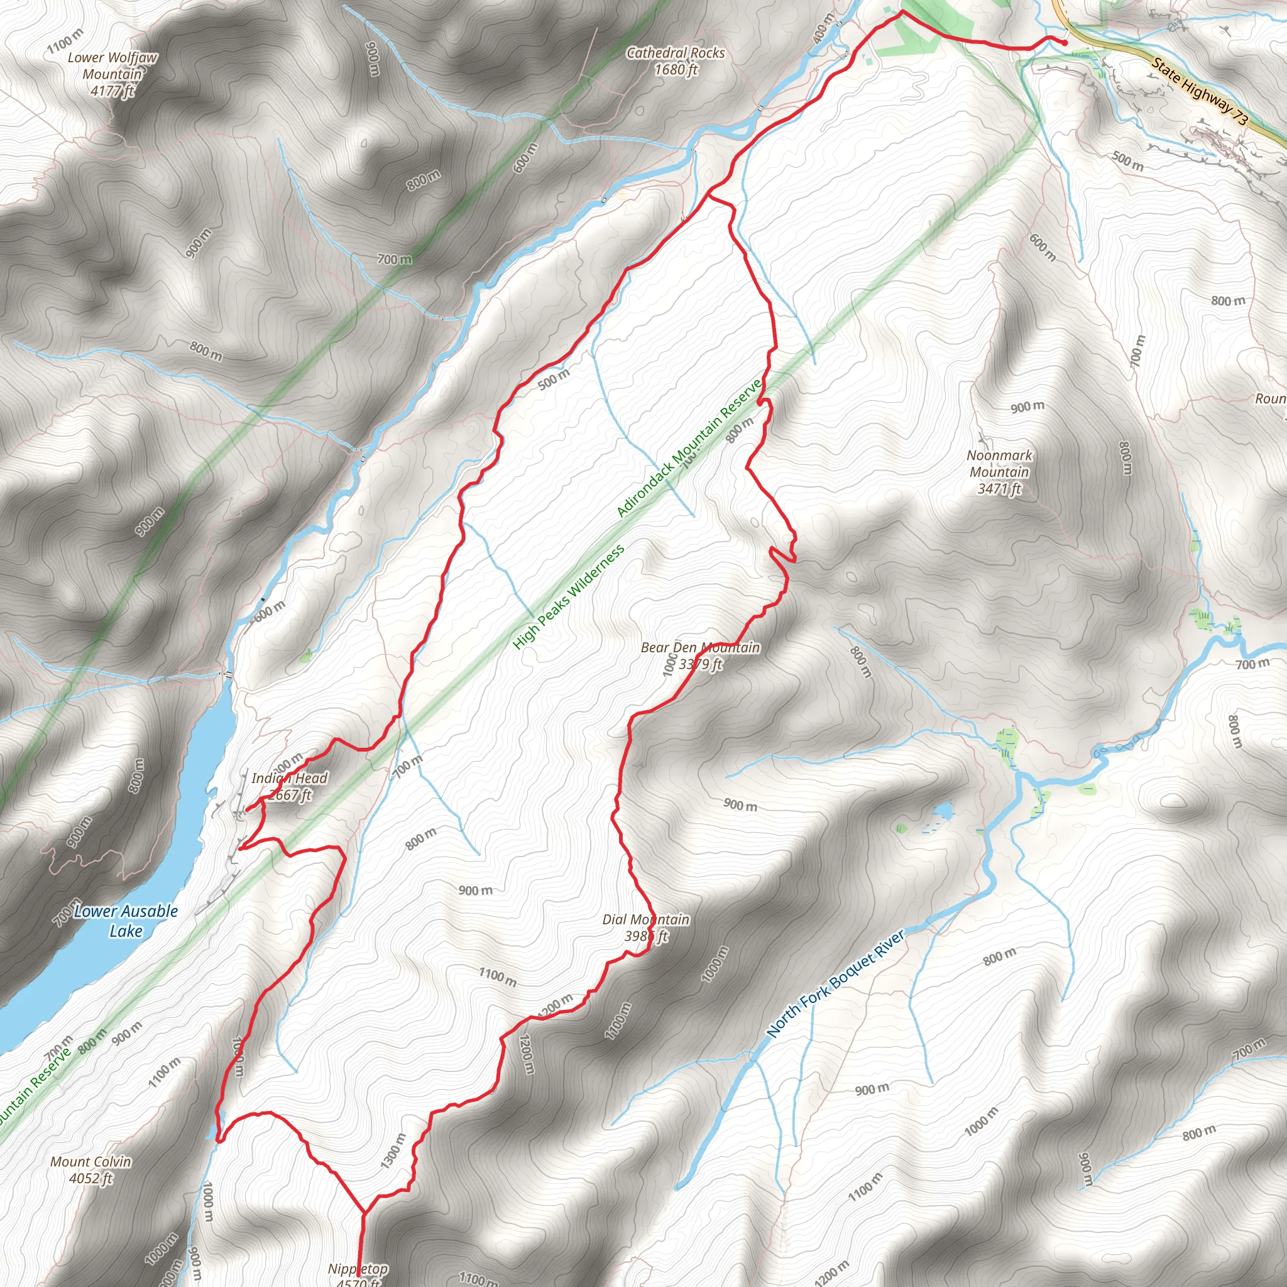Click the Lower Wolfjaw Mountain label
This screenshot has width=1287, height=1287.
coord(112,74)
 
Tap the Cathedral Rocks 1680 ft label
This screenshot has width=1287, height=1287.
coord(676,60)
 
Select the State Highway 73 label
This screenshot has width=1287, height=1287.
coord(1199,92)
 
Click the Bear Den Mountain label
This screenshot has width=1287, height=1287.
coord(700,655)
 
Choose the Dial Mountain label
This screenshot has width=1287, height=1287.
coord(645,928)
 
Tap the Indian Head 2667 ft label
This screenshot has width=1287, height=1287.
coord(289,786)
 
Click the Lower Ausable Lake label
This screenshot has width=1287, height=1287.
coord(126,921)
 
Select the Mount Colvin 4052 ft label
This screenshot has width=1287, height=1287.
coord(91,1169)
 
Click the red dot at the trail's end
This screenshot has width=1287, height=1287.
coord(1065,42)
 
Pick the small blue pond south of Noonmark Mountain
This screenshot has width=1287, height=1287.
coord(942,811)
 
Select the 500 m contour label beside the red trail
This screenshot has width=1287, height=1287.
coord(554,379)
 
